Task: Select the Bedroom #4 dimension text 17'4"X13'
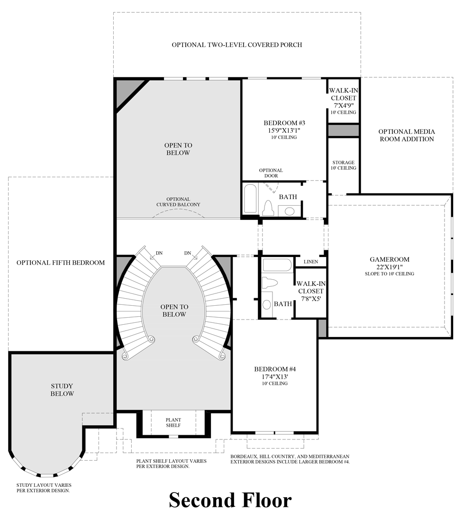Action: [272, 376]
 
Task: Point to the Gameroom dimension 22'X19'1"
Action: [390, 267]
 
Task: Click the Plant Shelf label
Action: [173, 422]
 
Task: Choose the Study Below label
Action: [63, 390]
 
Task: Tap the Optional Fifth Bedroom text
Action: [61, 262]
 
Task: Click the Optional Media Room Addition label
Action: [406, 135]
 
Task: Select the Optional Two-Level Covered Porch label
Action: [237, 45]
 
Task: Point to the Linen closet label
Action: [311, 262]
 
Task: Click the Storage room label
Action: [344, 163]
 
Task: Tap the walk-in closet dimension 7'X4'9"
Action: [343, 105]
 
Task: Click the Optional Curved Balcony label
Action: [178, 202]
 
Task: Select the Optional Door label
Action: [271, 173]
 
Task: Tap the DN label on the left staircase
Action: [159, 253]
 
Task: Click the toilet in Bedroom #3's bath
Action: [268, 208]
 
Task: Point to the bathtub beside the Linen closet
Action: [277, 265]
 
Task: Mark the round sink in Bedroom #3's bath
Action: [289, 210]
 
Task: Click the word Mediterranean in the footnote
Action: [325, 456]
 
